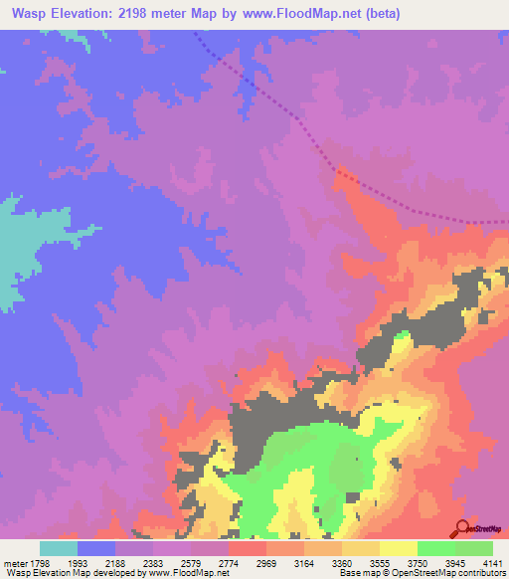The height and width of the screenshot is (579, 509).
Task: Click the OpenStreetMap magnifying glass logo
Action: [462, 527]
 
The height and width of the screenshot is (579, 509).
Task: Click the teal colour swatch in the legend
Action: [59, 548]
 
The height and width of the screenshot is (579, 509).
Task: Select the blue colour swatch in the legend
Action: [96, 548]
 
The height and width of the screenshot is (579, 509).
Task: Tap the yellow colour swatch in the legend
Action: [398, 548]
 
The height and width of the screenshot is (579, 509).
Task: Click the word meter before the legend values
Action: [13, 562]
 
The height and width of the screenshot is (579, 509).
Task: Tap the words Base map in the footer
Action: [355, 573]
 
